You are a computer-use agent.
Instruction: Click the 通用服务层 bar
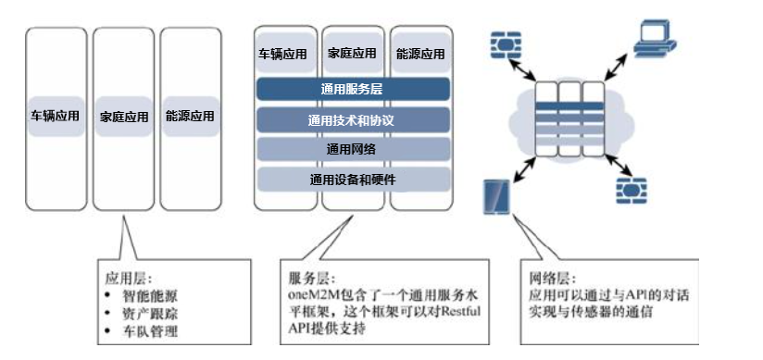(x=353, y=90)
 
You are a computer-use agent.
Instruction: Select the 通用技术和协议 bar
(x=353, y=119)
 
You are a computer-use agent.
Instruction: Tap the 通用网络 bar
(x=353, y=149)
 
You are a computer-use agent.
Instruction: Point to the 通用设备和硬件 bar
(x=353, y=179)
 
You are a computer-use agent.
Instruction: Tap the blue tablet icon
(x=496, y=196)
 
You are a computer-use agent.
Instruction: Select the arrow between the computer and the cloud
(x=616, y=69)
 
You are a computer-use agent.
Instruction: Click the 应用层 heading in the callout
(x=125, y=278)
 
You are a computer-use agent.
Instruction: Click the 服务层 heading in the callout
(x=308, y=278)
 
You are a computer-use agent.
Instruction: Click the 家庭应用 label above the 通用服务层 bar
(x=353, y=54)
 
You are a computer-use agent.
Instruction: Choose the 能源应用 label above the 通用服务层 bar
(x=420, y=54)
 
